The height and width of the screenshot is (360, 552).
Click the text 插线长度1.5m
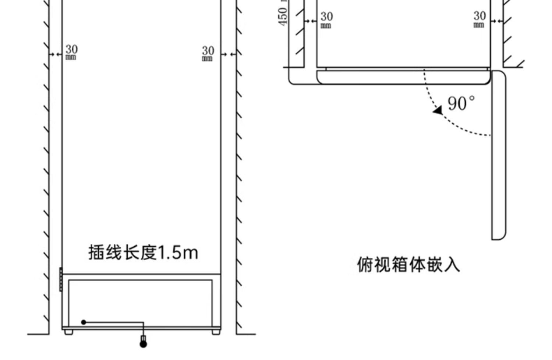point(143,253)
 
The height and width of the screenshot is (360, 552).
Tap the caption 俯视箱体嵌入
point(408,264)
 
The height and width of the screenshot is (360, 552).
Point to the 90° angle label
point(461,103)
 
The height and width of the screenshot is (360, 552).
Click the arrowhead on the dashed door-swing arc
point(438,110)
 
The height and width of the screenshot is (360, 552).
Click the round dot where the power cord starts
point(84,322)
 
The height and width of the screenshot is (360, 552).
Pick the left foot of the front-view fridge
point(68,332)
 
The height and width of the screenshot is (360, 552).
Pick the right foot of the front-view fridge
point(216,332)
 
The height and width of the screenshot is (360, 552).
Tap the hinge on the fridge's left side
point(61,279)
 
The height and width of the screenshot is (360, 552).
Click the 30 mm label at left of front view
point(71,52)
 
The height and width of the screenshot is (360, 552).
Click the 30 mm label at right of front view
point(208,53)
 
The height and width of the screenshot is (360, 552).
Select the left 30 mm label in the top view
point(326,19)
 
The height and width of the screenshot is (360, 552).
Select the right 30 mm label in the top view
point(479,18)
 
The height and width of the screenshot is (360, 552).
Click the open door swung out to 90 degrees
point(499,155)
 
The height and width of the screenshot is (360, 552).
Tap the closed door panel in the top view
point(403,77)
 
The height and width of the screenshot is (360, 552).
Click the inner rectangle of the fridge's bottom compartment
point(140,303)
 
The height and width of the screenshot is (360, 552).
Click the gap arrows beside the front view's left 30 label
point(56,54)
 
